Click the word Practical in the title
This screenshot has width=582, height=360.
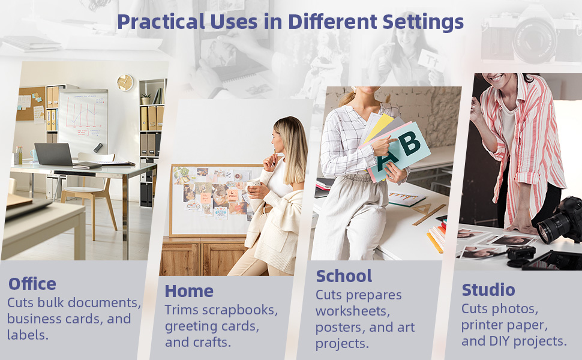pyautogui.click(x=161, y=22)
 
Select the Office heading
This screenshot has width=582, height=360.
pyautogui.click(x=32, y=284)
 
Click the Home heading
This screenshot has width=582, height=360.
pyautogui.click(x=189, y=291)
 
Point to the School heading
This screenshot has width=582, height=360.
pyautogui.click(x=344, y=276)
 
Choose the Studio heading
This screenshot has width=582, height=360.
pyautogui.click(x=488, y=290)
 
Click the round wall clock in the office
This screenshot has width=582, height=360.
pyautogui.click(x=125, y=82)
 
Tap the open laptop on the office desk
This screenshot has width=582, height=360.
pyautogui.click(x=55, y=154)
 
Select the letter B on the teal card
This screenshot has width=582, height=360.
pyautogui.click(x=411, y=143)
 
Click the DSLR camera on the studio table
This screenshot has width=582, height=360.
pyautogui.click(x=559, y=220)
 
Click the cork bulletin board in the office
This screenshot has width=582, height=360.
pyautogui.click(x=31, y=104)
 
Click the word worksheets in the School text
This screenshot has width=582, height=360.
pyautogui.click(x=353, y=311)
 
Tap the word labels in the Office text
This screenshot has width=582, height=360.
pyautogui.click(x=28, y=335)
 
